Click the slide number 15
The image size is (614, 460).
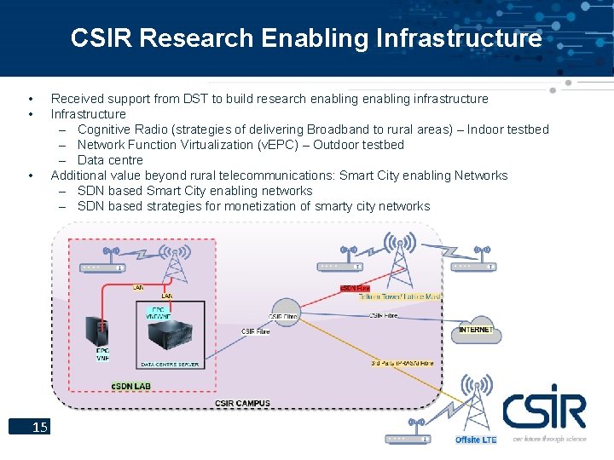point(39,427)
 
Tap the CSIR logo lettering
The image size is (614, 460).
point(543,408)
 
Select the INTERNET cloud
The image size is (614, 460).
point(476,329)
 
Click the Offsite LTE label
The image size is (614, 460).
point(475,440)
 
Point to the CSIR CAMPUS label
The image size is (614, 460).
point(242,403)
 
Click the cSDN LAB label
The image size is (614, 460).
point(131,387)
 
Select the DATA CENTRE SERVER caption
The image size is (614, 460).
point(170,365)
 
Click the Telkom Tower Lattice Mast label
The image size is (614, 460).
point(399,297)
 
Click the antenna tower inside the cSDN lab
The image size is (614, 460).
point(177,263)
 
